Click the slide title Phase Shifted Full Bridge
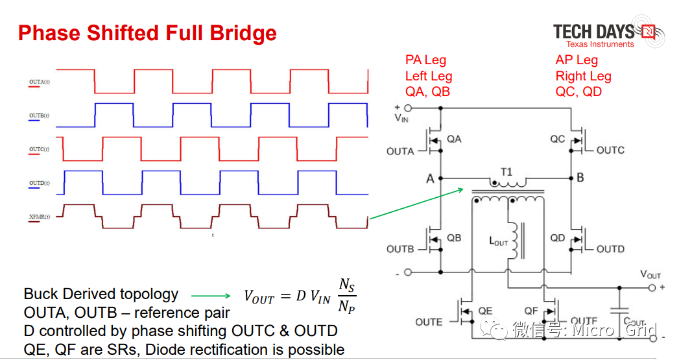tap(147, 32)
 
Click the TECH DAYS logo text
tap(593, 31)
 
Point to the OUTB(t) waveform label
tap(39, 115)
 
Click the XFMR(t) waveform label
tap(39, 216)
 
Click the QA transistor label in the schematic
tap(454, 139)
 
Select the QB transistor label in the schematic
tap(454, 237)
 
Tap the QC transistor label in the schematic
tap(558, 139)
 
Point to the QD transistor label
tap(558, 237)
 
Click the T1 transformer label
tap(506, 172)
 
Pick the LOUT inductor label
tap(499, 241)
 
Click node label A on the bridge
tap(430, 178)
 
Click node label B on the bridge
tap(580, 178)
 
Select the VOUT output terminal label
tap(650, 274)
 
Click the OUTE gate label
tap(429, 322)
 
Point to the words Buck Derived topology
tap(101, 294)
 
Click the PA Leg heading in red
tap(425, 60)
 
